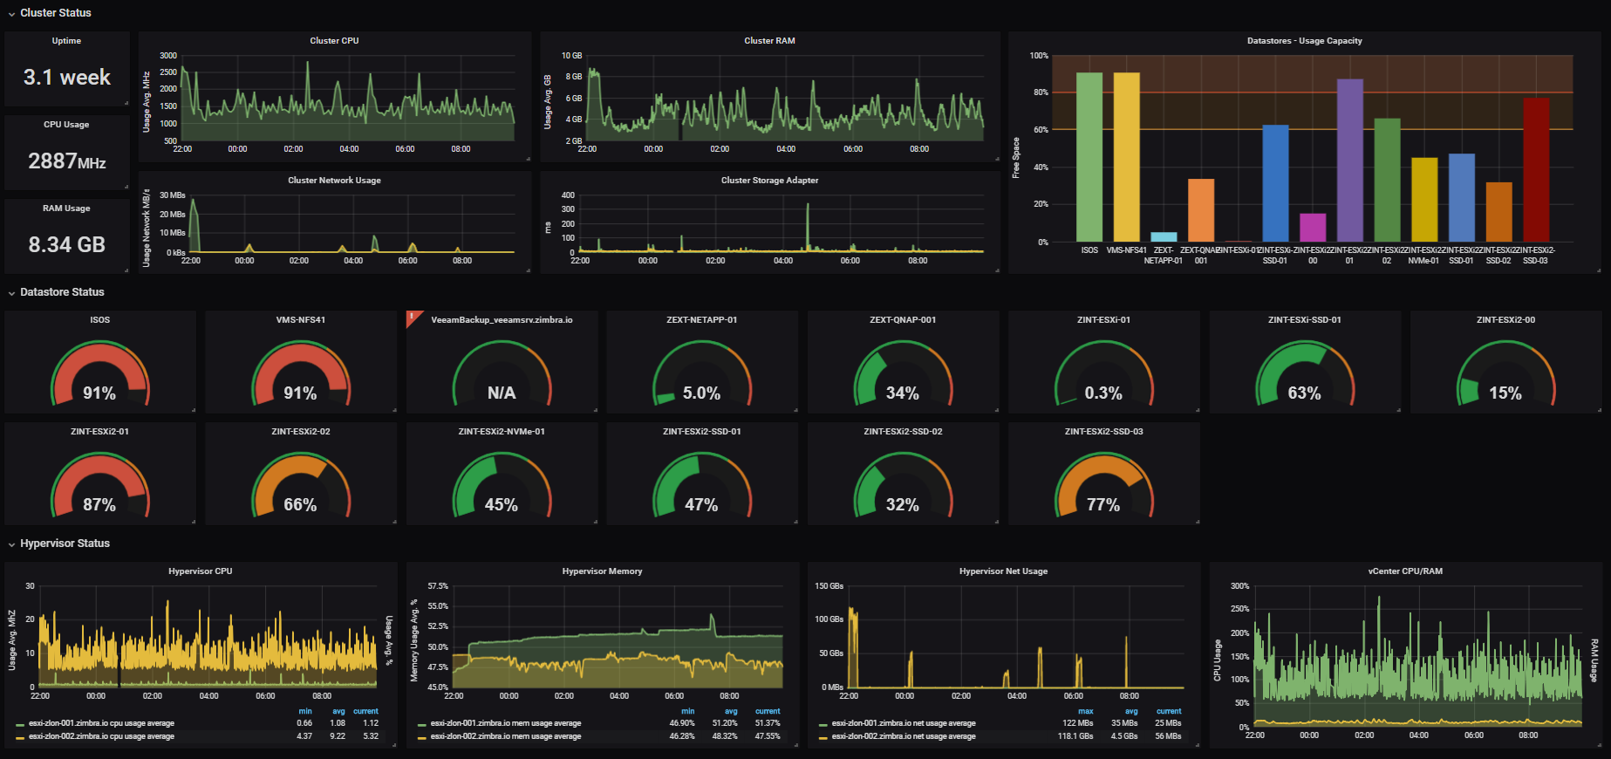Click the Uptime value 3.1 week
point(67,78)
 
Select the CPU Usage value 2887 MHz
point(67,161)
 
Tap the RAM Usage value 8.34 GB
point(67,245)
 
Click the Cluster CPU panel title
point(334,41)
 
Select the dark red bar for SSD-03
point(1535,169)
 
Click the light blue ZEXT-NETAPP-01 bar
point(1164,236)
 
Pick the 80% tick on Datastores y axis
point(1040,92)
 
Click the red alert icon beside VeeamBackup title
point(413,317)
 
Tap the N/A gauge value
point(502,393)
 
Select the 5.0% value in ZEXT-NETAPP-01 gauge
point(701,393)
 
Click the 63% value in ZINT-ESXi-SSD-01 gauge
point(1304,393)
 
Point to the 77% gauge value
point(1103,505)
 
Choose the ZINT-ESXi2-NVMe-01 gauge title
point(502,432)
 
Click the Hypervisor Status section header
point(65,544)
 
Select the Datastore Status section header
point(62,292)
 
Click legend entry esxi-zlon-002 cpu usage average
point(101,736)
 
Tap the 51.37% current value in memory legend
point(767,723)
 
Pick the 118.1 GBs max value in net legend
point(1075,736)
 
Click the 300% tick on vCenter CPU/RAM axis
point(1239,586)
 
